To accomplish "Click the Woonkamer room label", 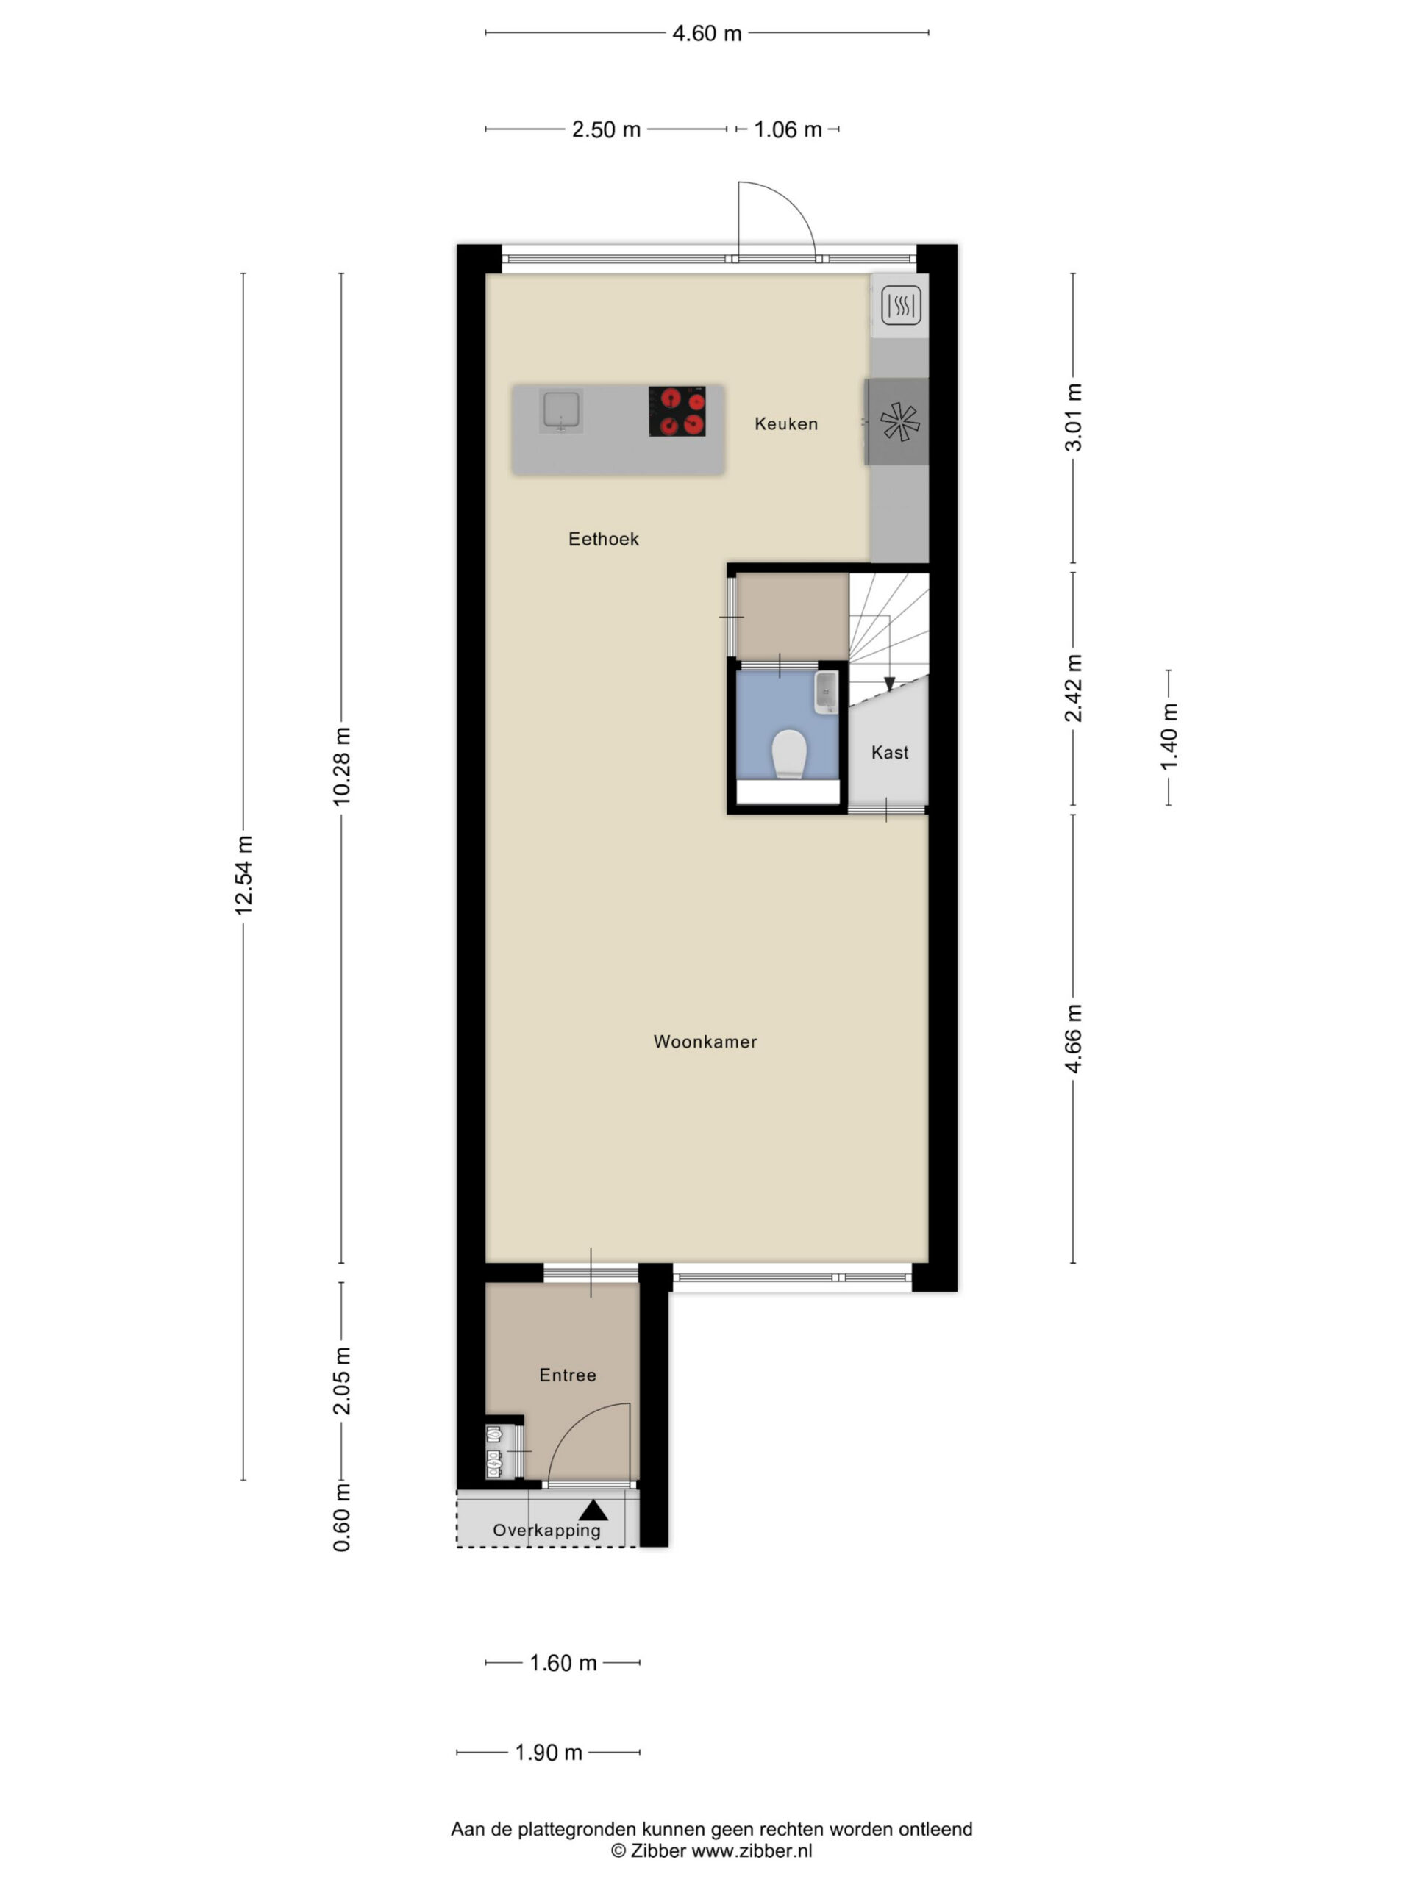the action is point(705,1042).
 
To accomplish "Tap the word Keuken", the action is point(785,423).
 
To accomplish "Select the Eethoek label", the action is point(604,539).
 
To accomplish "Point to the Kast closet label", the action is point(889,752).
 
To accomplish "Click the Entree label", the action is point(568,1375).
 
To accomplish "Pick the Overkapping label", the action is point(546,1530).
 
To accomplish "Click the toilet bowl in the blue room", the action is point(789,753).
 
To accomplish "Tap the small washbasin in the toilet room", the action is point(827,693).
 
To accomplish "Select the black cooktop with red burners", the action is point(677,412).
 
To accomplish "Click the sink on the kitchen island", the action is point(561,411).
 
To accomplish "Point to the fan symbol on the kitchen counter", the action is point(899,422).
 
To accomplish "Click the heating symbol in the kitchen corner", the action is point(900,305).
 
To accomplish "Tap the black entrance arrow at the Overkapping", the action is point(593,1510).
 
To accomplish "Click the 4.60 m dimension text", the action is point(707,33).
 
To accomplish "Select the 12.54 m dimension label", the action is point(244,876).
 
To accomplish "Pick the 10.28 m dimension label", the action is point(341,767).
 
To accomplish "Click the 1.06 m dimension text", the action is point(788,129).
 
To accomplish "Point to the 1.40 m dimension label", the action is point(1169,737).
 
